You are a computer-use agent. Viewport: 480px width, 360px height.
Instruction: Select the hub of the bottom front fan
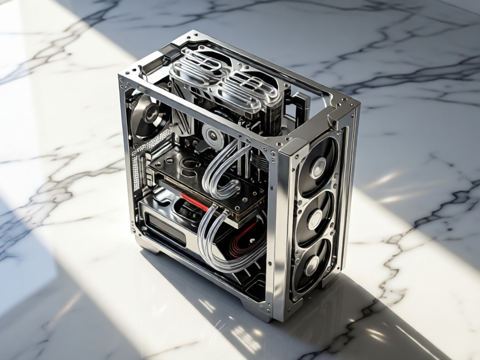click(311, 265)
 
